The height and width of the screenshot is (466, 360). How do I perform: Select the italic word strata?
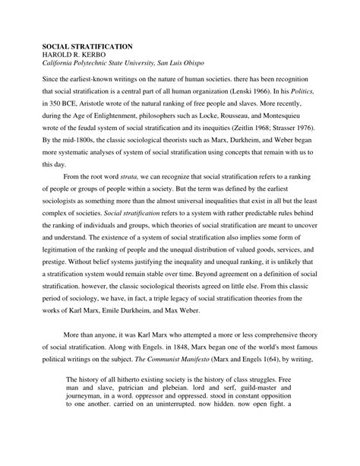(x=142, y=175)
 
